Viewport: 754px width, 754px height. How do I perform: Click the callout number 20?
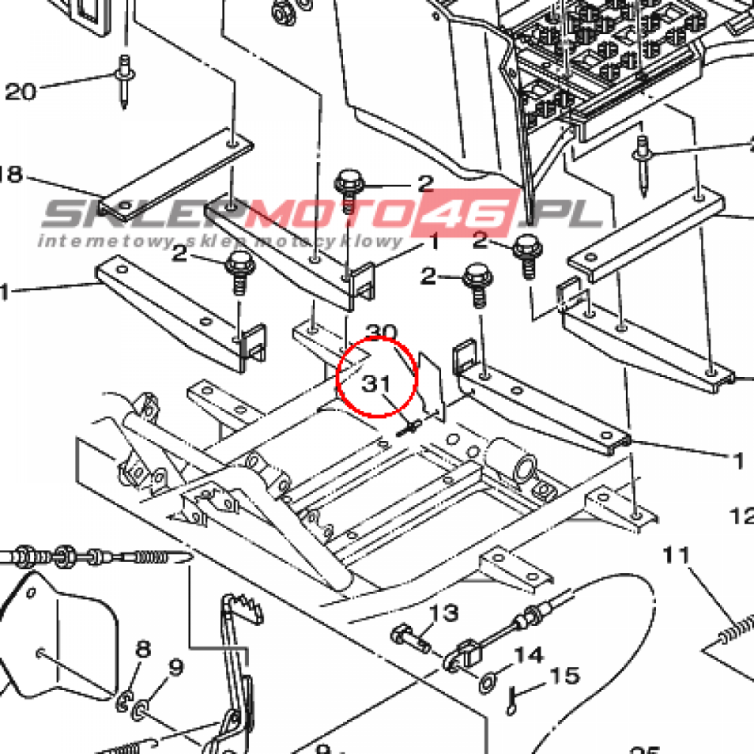[20, 91]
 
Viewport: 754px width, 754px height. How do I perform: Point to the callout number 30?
[381, 333]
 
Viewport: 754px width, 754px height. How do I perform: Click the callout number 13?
[444, 612]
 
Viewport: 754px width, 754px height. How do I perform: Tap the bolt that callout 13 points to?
[409, 636]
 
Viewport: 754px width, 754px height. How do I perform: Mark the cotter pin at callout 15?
[511, 699]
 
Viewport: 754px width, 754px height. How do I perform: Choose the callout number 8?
[143, 649]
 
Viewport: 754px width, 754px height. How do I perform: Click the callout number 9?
[175, 668]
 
